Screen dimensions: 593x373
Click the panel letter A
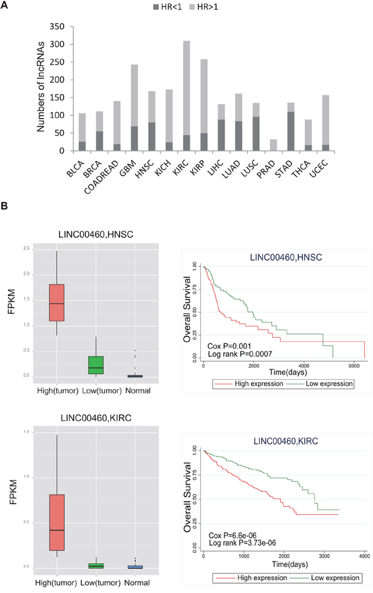pos(6,7)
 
